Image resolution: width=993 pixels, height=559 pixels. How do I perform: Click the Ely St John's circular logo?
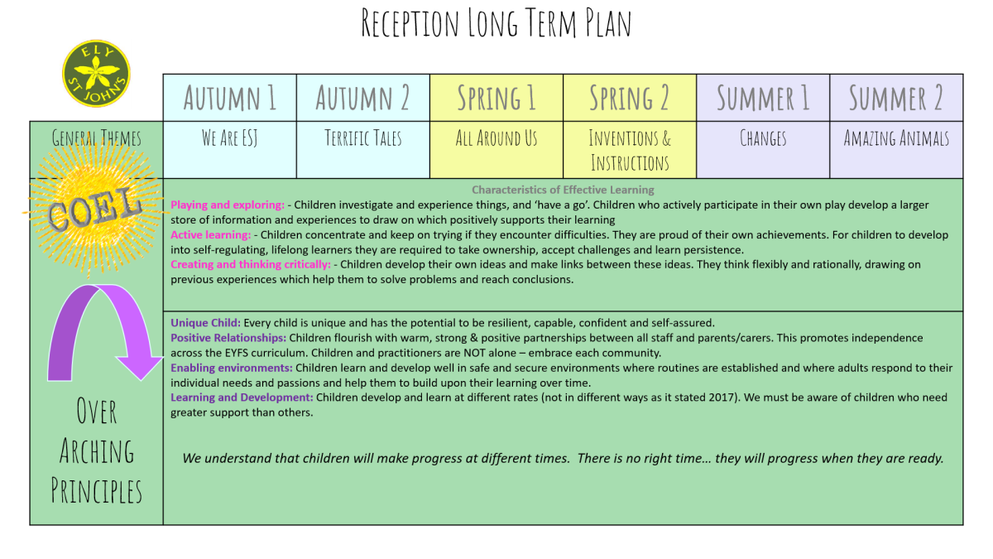(96, 74)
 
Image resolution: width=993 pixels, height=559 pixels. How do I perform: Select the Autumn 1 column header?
(230, 98)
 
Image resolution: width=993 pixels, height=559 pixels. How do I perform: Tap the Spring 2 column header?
(630, 98)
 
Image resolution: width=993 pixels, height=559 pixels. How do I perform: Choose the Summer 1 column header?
(763, 98)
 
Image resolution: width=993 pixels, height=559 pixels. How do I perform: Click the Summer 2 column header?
(896, 98)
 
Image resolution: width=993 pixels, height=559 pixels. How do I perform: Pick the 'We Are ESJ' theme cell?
(230, 150)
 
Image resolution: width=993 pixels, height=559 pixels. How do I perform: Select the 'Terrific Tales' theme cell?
(363, 150)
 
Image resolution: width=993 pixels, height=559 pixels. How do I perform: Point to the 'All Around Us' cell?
(496, 150)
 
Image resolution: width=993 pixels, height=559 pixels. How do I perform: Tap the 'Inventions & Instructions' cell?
(630, 150)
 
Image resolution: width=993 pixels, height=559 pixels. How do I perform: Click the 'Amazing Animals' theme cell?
(896, 150)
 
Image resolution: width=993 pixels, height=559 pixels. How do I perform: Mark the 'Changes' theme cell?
(763, 150)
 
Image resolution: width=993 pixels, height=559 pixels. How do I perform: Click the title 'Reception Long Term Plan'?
(496, 22)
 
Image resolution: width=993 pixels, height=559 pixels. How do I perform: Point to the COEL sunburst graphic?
(95, 210)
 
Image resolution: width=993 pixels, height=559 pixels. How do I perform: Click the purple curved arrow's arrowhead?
(140, 366)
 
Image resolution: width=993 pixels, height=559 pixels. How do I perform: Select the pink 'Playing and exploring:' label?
(228, 205)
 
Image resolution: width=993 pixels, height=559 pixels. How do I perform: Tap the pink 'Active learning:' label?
(210, 234)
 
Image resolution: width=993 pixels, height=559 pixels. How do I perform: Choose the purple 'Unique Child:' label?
(206, 322)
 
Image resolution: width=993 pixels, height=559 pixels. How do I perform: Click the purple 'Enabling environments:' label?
(232, 368)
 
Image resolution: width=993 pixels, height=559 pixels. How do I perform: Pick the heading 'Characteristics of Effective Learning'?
(563, 190)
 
